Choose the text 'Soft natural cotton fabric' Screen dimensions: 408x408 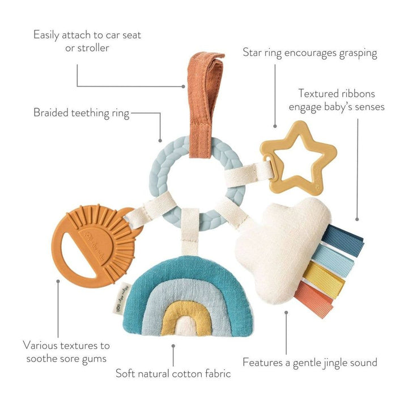[x=173, y=373]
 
